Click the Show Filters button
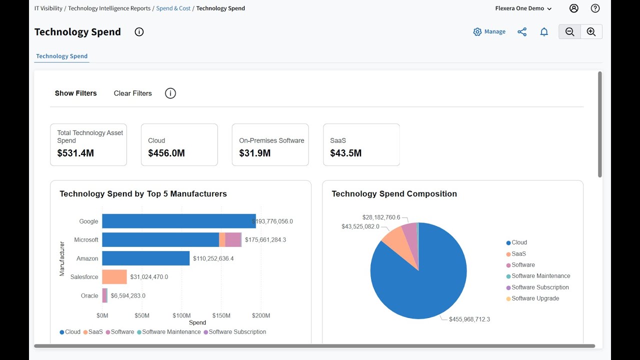pyautogui.click(x=76, y=93)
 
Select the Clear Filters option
pyautogui.click(x=132, y=93)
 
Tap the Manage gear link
pyautogui.click(x=489, y=31)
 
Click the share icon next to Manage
pyautogui.click(x=522, y=32)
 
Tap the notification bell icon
pyautogui.click(x=544, y=32)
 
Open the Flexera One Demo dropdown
pyautogui.click(x=523, y=8)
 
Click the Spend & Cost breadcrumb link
pyautogui.click(x=173, y=8)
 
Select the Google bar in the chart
pyautogui.click(x=178, y=221)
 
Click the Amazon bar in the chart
pyautogui.click(x=145, y=258)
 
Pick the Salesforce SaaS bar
pyautogui.click(x=114, y=277)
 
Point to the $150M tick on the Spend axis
pyautogui.click(x=221, y=315)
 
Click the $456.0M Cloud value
pyautogui.click(x=166, y=153)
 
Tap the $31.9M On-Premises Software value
pyautogui.click(x=255, y=153)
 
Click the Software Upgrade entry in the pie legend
pyautogui.click(x=535, y=298)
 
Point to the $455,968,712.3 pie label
pyautogui.click(x=469, y=319)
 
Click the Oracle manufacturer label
pyautogui.click(x=89, y=295)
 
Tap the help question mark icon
pyautogui.click(x=595, y=8)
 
